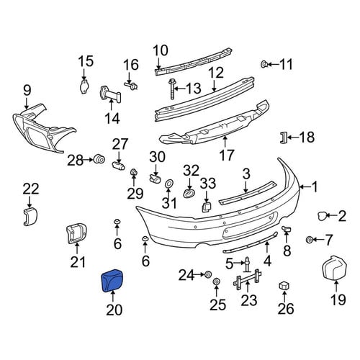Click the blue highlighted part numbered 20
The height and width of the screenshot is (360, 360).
point(112,280)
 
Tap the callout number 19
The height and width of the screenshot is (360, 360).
point(338,300)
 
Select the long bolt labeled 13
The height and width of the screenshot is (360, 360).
point(172,89)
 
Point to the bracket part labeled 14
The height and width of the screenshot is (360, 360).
point(110,94)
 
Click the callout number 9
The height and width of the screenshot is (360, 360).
point(27,91)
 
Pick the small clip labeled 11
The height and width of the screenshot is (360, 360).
point(264,64)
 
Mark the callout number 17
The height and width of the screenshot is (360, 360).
point(227,156)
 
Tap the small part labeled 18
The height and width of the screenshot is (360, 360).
point(284,138)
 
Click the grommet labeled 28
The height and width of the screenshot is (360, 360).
point(99,159)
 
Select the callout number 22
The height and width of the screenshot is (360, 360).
point(31,189)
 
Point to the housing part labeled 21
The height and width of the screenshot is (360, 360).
point(76,233)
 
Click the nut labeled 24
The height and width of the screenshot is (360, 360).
point(208,274)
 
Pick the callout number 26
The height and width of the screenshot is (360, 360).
point(286,309)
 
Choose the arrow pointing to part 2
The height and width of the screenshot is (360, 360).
point(331,216)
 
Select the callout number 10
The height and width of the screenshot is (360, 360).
point(161,50)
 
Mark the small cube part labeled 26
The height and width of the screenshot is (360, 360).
point(284,286)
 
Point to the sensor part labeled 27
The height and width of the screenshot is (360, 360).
point(118,166)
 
